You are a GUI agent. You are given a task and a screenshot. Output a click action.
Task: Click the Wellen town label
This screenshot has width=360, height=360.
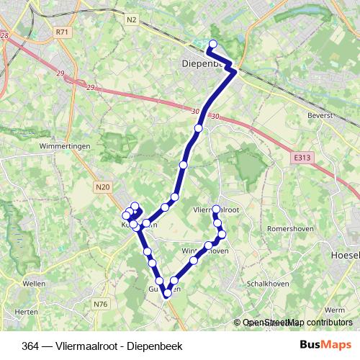34,283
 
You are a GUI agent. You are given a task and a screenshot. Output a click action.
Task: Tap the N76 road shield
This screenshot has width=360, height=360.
100,305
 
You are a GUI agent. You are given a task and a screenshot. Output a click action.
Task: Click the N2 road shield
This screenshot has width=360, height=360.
130,19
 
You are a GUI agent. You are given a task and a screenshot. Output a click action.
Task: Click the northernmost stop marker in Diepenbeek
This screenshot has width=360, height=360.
212,45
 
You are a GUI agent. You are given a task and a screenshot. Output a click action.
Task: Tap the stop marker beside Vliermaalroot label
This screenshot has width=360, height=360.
216,210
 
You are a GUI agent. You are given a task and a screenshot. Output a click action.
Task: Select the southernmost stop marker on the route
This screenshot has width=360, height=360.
167,293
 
